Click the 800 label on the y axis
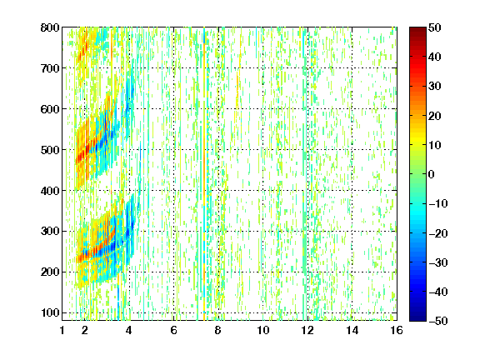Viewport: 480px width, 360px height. (x=50, y=27)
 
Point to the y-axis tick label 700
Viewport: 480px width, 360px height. (x=50, y=68)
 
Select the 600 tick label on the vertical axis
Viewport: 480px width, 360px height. (x=50, y=109)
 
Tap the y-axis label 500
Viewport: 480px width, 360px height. (x=50, y=150)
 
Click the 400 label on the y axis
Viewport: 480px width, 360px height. (x=50, y=191)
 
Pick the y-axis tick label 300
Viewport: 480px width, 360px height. (x=50, y=232)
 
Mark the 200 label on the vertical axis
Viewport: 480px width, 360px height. (x=50, y=272)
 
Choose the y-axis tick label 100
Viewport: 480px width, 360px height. (x=50, y=312)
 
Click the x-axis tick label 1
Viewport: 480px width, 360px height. (x=62, y=330)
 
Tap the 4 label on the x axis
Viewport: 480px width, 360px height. (x=129, y=330)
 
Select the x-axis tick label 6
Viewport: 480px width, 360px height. (x=173, y=330)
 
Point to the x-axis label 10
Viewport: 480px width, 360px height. (x=263, y=330)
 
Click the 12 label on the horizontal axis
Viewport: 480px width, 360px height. (x=307, y=330)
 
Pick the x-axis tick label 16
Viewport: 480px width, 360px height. (x=397, y=330)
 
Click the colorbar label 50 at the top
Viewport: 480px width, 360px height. (x=435, y=27)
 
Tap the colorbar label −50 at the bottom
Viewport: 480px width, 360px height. (x=438, y=321)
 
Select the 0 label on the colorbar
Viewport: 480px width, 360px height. (x=432, y=174)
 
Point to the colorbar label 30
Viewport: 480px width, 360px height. (x=435, y=87)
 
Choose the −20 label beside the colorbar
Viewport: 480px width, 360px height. (x=438, y=233)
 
